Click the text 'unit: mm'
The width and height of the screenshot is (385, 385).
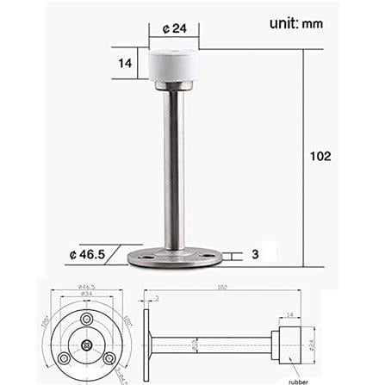tap(280, 22)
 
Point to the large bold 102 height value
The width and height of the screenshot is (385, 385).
tap(320, 157)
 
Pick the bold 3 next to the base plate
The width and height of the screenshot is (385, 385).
tap(257, 254)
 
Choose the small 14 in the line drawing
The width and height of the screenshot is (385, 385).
tap(288, 316)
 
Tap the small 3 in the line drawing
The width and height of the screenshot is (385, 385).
tap(157, 299)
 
